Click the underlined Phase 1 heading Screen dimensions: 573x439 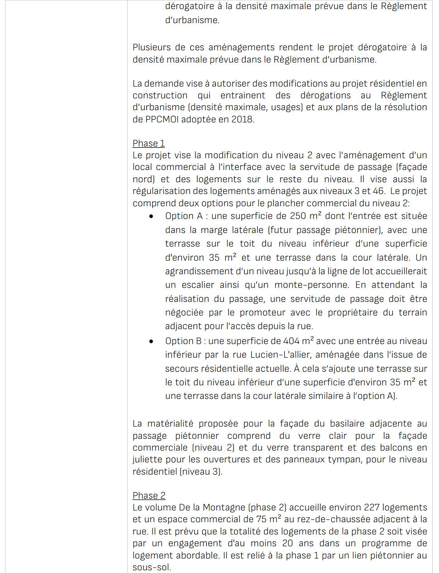click(x=148, y=143)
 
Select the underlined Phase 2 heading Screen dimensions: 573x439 click(x=149, y=495)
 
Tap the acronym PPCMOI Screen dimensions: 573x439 click(x=162, y=119)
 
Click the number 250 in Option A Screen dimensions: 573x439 click(x=298, y=216)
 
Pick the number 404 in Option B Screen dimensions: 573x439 click(x=291, y=341)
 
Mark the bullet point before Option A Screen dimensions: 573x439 click(x=151, y=216)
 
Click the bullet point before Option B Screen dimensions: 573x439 click(x=151, y=341)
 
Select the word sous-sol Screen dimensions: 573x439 click(x=151, y=567)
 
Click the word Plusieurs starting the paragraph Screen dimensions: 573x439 click(x=152, y=47)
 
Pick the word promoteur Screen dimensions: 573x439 click(x=262, y=312)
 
